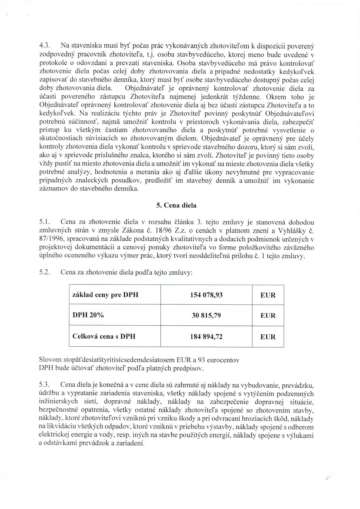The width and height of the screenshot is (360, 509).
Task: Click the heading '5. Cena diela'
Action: (176, 205)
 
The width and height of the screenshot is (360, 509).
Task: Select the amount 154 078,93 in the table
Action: (206, 295)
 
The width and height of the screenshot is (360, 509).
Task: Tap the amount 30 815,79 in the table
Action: (206, 315)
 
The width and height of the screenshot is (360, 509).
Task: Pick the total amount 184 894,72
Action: (206, 337)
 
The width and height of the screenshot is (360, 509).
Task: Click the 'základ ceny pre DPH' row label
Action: (105, 295)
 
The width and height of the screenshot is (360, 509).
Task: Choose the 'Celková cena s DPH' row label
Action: (104, 337)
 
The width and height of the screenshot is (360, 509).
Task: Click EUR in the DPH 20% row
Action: (268, 316)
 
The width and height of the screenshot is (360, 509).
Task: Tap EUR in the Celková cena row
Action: (268, 337)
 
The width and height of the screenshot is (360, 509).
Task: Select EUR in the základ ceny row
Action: (268, 295)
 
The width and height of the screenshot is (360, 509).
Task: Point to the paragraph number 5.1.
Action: (45, 222)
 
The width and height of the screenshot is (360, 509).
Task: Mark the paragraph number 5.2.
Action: (45, 273)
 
